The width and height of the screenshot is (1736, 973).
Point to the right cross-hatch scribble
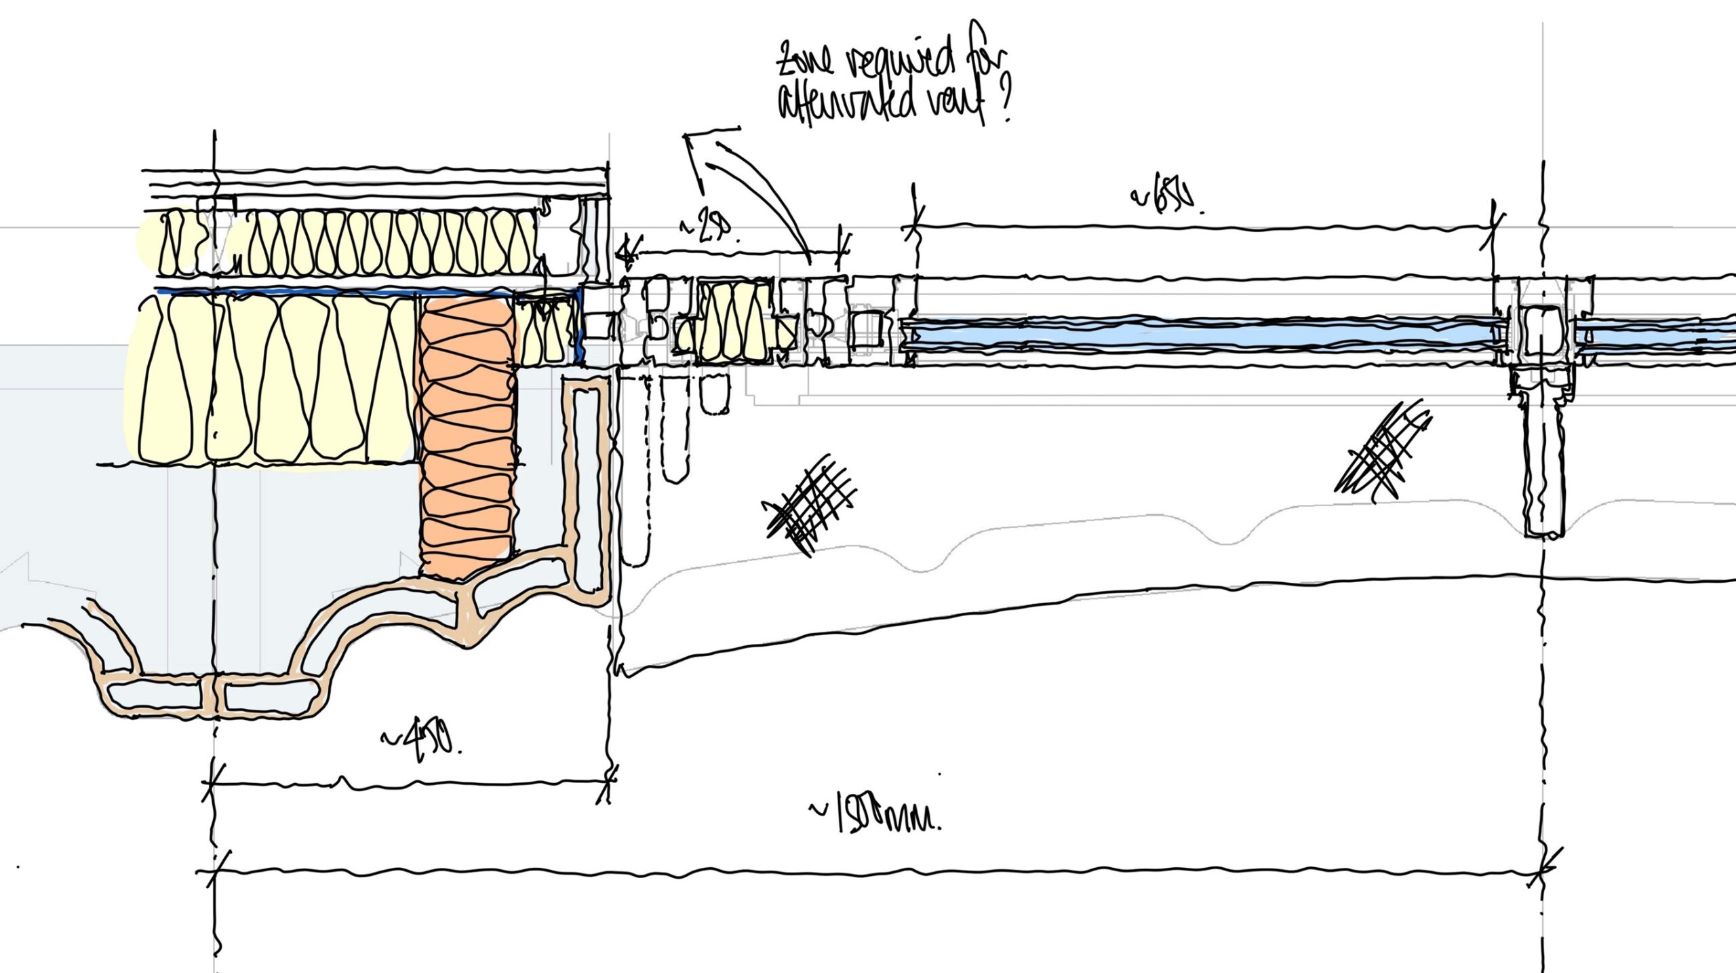(1383, 451)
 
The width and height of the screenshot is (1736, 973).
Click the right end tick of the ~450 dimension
(608, 784)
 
